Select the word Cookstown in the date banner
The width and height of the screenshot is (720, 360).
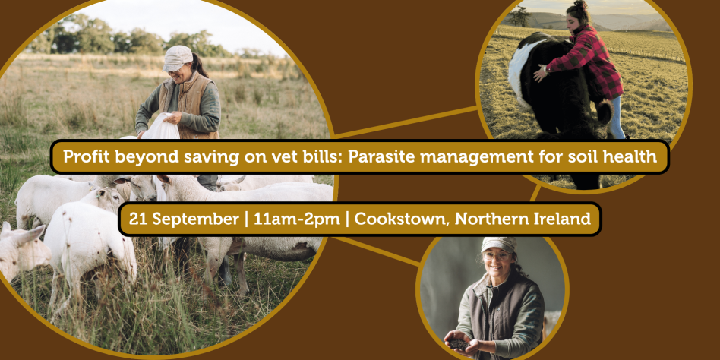click(x=402, y=219)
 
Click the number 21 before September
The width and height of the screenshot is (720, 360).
click(x=137, y=219)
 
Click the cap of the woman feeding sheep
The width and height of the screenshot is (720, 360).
click(x=177, y=58)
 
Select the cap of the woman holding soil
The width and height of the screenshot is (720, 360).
click(x=498, y=245)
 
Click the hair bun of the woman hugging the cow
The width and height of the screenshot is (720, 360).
click(x=579, y=5)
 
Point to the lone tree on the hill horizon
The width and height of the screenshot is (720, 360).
click(x=520, y=16)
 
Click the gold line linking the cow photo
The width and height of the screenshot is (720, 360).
click(x=405, y=122)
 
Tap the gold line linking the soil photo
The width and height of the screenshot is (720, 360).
click(x=377, y=251)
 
